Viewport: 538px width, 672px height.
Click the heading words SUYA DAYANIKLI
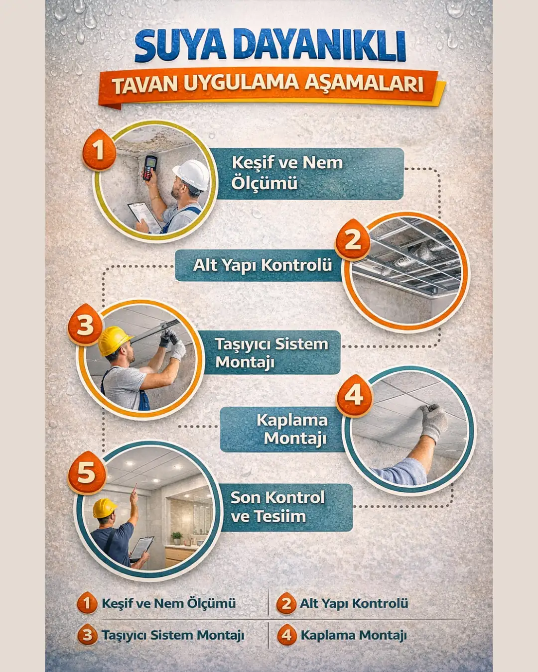tap(269, 46)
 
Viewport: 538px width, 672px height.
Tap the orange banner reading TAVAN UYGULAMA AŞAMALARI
tap(268, 85)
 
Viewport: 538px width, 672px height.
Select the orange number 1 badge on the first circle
tap(99, 149)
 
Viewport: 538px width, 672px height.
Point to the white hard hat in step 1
tap(192, 174)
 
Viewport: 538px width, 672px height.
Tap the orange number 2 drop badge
tap(353, 240)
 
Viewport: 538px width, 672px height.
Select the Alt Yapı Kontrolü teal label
tap(262, 265)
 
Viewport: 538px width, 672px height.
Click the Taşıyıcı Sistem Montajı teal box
tap(271, 352)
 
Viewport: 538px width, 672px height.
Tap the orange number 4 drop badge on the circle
tap(354, 396)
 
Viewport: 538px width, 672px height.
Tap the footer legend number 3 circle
tap(87, 635)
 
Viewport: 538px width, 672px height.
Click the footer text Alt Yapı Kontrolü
tap(353, 603)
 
